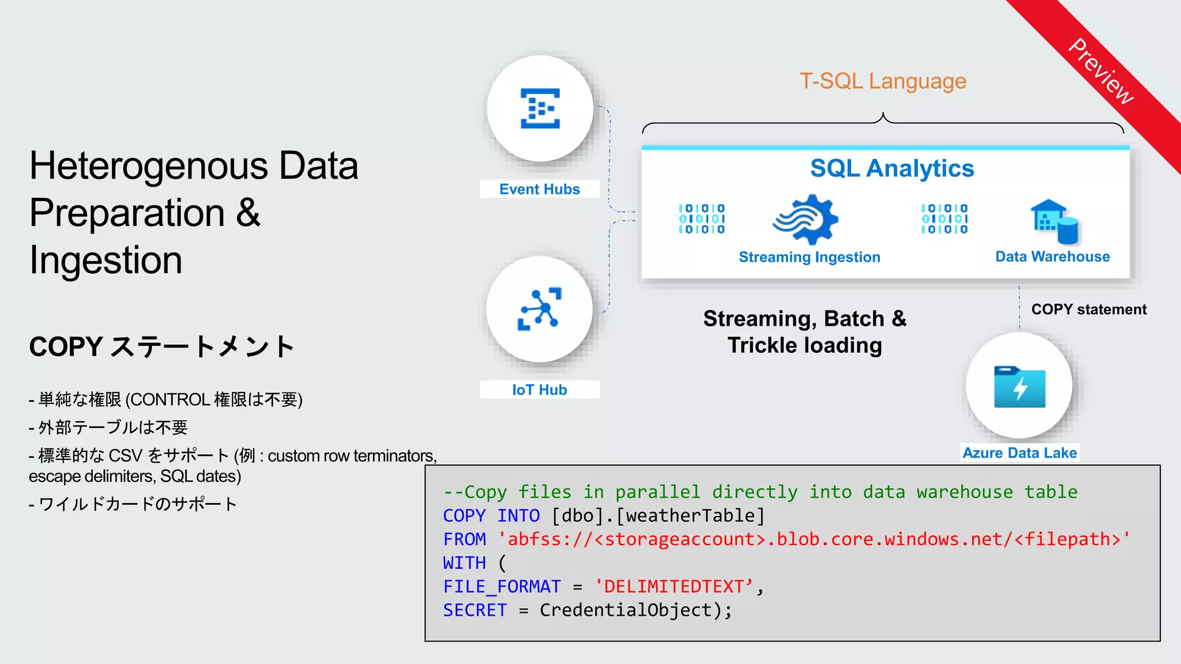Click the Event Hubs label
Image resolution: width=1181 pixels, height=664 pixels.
tap(539, 189)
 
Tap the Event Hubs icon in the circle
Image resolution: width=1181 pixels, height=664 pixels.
tap(540, 108)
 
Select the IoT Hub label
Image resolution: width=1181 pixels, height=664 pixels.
tap(539, 390)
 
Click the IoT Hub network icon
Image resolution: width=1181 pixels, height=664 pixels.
tap(540, 309)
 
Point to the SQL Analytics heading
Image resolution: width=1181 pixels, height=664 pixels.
tap(892, 168)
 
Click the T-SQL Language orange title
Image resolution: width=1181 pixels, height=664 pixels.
tap(882, 81)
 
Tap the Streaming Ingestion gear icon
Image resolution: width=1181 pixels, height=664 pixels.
tap(806, 219)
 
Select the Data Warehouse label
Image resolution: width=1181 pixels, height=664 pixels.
tap(1052, 256)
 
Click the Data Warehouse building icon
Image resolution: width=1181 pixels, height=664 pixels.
tap(1054, 221)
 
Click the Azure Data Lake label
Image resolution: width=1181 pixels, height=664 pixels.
tap(1020, 453)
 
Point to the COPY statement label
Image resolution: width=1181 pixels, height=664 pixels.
tap(1089, 310)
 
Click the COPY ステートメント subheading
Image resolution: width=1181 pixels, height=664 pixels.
tap(161, 347)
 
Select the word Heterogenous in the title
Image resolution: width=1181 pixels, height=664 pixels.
tap(148, 166)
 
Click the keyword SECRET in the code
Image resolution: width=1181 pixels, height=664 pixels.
tap(475, 610)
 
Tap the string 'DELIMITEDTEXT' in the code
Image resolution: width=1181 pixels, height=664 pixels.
tap(674, 587)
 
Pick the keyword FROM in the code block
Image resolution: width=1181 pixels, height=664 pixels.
tap(464, 539)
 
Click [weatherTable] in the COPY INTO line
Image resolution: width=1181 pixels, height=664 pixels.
tap(690, 515)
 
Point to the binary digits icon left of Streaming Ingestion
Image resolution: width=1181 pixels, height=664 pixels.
tap(702, 219)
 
